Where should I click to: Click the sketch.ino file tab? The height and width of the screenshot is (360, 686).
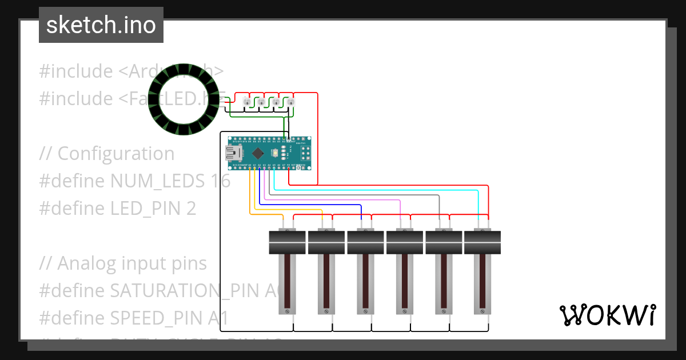click(101, 25)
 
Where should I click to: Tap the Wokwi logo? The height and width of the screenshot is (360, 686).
click(607, 315)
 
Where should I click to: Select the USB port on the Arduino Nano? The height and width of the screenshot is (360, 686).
click(234, 153)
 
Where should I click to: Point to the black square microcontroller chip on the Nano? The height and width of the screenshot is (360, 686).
click(258, 153)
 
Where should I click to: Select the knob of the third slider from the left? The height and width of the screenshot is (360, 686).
click(365, 242)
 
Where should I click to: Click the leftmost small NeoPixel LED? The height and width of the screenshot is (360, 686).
click(247, 102)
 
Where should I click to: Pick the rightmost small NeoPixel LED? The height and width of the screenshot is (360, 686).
click(290, 102)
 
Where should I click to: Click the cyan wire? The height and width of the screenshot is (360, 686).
click(400, 190)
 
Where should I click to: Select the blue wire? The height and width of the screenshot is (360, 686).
click(320, 205)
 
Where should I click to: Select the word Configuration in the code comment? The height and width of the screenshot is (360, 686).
click(116, 154)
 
